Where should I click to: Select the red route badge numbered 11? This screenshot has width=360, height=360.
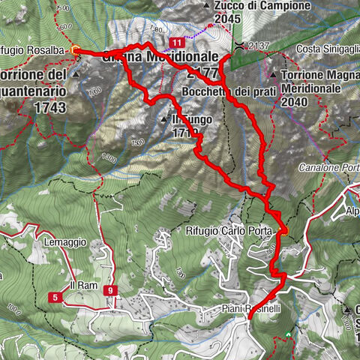point(176,42)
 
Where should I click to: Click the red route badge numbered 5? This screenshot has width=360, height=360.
point(56,298)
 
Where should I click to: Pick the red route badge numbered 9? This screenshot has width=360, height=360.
point(111,290)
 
